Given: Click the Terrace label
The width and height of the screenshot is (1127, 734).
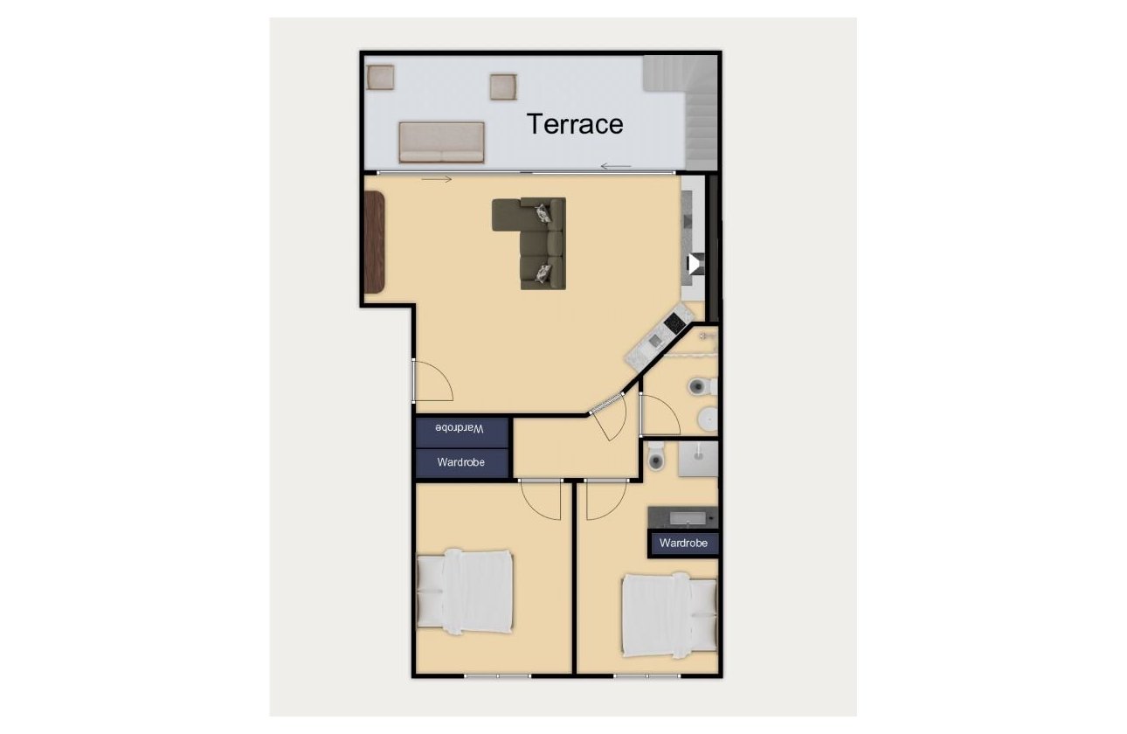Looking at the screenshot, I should [x=575, y=124].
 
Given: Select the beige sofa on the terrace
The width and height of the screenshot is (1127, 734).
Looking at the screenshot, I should [x=441, y=142].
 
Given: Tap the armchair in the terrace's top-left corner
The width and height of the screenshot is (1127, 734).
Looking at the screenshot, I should [x=381, y=78].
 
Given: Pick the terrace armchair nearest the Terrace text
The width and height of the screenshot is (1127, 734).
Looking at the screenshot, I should [x=504, y=87].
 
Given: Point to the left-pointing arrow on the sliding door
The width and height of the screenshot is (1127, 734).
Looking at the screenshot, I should [x=616, y=166].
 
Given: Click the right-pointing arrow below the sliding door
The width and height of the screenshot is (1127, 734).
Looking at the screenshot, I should [x=436, y=180].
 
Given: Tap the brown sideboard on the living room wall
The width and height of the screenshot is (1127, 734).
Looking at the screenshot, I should [x=374, y=243].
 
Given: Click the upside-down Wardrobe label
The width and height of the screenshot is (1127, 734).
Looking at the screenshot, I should [x=461, y=429].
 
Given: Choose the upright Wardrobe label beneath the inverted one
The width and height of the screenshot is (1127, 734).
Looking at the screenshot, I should [x=461, y=461].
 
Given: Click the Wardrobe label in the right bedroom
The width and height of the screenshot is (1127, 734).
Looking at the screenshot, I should [x=683, y=544].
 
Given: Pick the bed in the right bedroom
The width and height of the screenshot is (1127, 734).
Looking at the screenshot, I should [x=669, y=615].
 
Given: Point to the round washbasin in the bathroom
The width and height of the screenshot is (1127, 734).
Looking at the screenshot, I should [x=708, y=420].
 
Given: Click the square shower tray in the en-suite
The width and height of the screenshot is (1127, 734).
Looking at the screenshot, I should [x=698, y=459].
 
